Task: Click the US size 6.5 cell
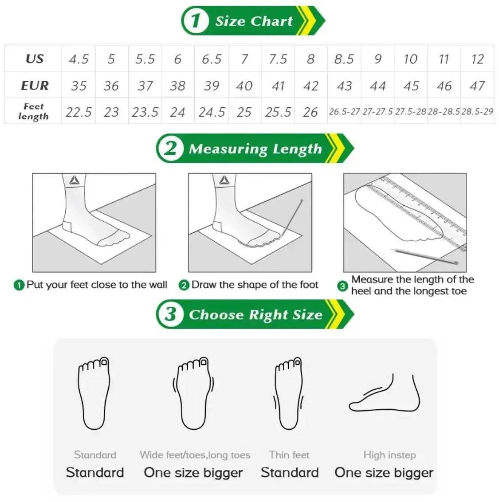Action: pos(212,59)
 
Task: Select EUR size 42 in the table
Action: pos(310,86)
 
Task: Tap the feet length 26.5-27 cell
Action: pos(344,111)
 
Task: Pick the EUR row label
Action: pos(35,86)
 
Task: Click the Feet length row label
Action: pos(33,111)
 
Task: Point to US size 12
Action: pos(477,59)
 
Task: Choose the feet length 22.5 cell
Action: pos(79,112)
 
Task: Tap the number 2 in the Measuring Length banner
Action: pos(170,148)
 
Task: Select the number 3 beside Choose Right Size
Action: pos(170,314)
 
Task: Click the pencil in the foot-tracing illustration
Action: pos(292,218)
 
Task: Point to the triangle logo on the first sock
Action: pos(75,180)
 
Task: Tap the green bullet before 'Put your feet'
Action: pos(19,285)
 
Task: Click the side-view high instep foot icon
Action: pos(384,393)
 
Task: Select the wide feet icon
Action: pos(193,393)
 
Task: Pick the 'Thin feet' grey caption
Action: pos(289,455)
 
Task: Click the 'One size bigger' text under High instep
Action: pos(384,473)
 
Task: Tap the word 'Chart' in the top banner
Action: pos(271,21)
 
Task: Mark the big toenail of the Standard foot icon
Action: pos(104,362)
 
